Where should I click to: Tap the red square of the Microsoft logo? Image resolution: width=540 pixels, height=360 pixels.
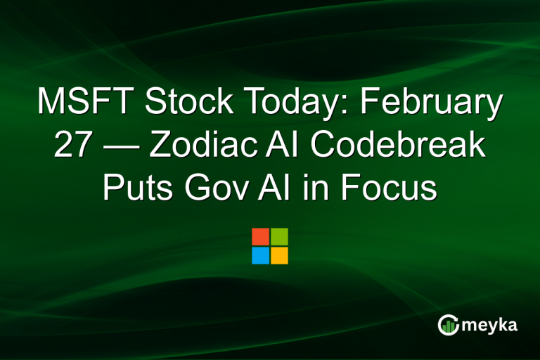[x=260, y=236]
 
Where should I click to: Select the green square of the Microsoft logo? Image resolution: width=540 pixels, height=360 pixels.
[x=279, y=236]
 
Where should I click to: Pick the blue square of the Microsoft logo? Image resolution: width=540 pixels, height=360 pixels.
[x=260, y=255]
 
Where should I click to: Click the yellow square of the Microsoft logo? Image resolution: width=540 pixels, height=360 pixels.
[x=279, y=255]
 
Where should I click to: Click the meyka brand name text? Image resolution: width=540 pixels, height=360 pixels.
[x=490, y=325]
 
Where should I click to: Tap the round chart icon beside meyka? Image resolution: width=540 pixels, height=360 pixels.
[x=448, y=324]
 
